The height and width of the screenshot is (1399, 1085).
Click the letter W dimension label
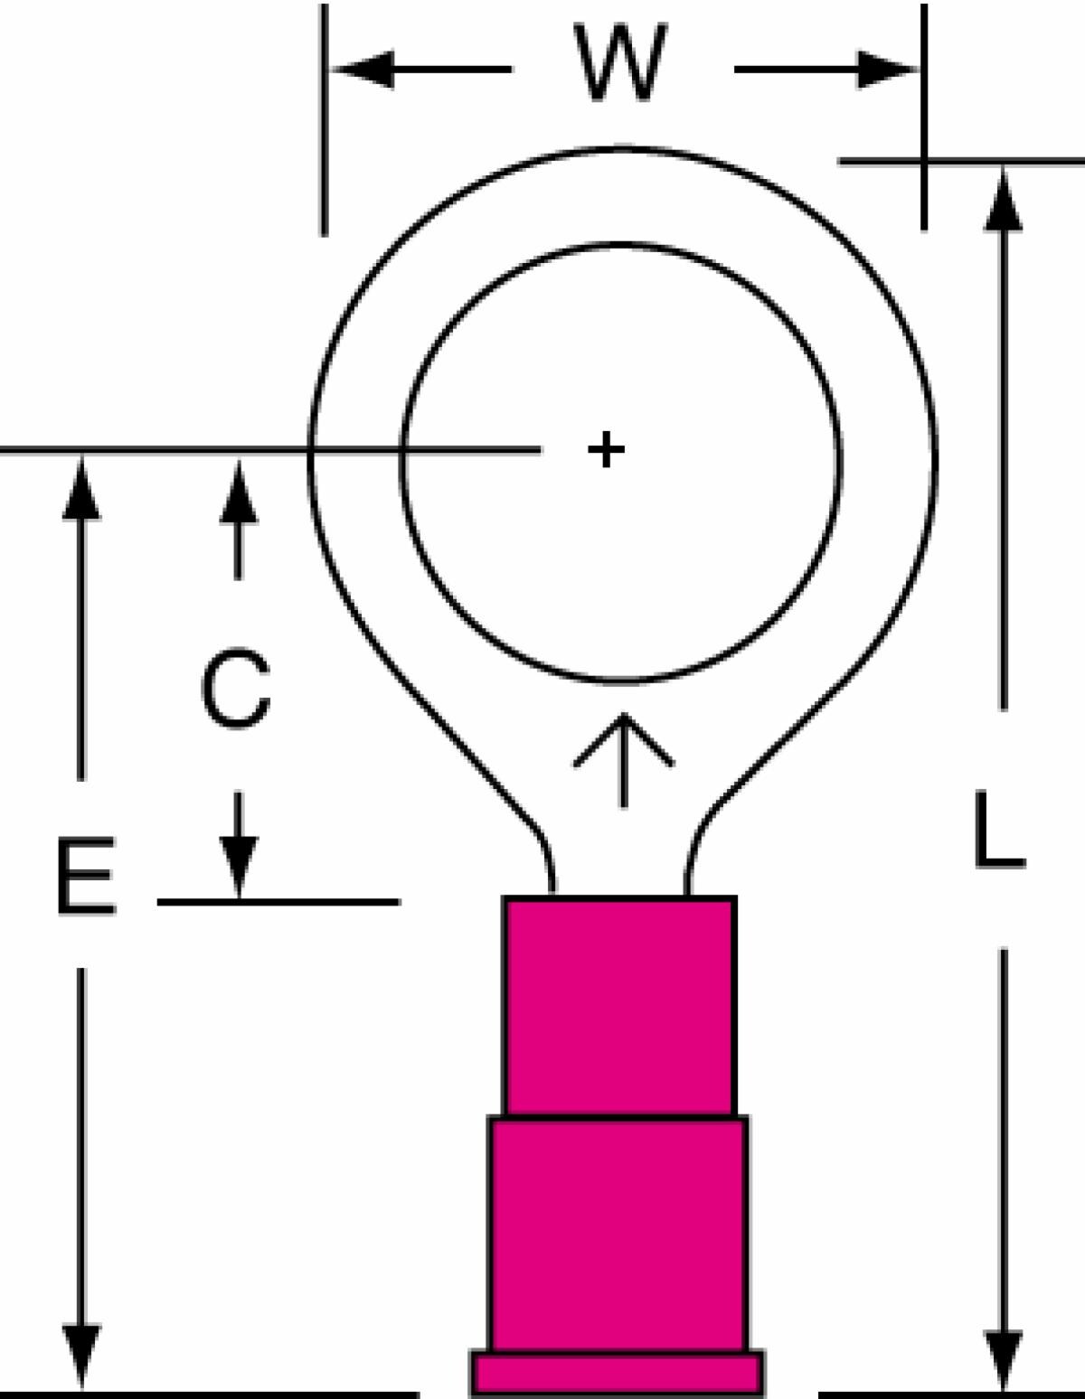click(620, 62)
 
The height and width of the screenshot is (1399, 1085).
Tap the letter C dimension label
click(235, 689)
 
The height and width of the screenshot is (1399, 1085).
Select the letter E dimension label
click(87, 875)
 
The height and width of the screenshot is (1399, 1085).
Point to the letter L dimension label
click(999, 829)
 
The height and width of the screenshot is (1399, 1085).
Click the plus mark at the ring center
click(606, 449)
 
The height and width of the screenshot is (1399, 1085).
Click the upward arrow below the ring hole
click(623, 760)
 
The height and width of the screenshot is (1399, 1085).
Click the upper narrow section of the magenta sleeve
click(619, 1006)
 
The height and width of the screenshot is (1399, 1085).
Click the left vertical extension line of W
click(325, 120)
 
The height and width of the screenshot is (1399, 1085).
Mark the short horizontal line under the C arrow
click(278, 903)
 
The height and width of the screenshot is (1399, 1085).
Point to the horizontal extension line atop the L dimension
click(961, 162)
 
